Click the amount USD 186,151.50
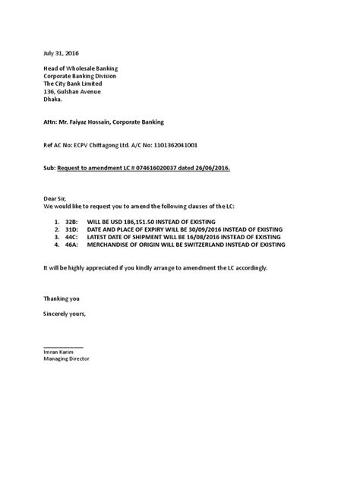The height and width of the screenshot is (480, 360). coord(150,216)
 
